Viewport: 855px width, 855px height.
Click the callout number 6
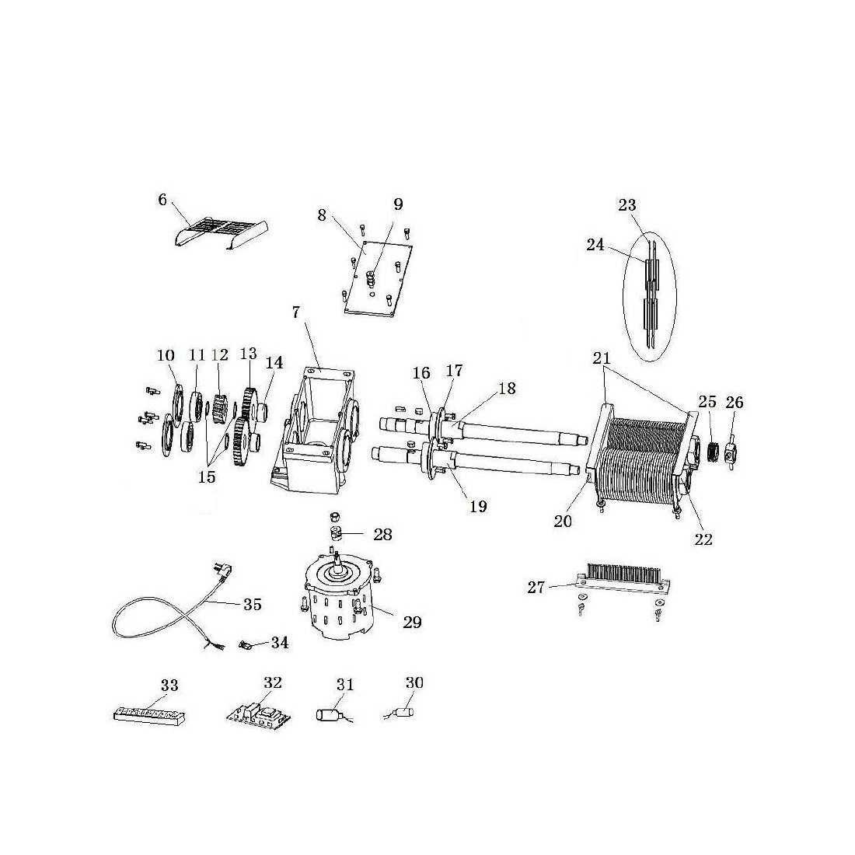tap(162, 200)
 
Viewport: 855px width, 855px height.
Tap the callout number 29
tap(412, 622)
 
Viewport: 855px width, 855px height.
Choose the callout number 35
tap(253, 604)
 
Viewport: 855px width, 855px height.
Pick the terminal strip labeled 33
tap(149, 714)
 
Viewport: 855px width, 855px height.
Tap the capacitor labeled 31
tap(328, 714)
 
